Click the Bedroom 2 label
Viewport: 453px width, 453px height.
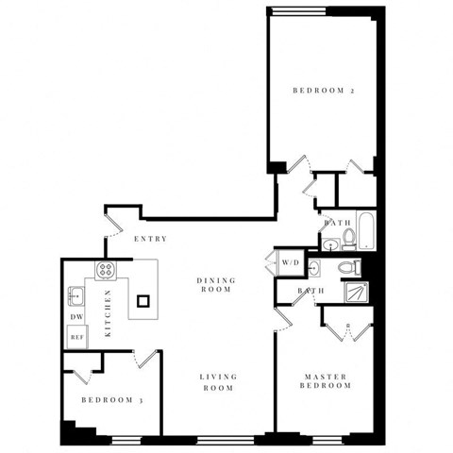322,92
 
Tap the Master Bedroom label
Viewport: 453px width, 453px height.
325,381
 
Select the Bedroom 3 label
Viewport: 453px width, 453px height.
110,401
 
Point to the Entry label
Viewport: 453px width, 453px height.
151,239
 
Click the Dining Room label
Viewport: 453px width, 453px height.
215,285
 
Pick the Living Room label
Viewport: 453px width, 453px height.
217,382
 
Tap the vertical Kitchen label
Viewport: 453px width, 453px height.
109,312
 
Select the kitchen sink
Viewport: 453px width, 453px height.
75,298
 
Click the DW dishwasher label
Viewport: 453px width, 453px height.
75,317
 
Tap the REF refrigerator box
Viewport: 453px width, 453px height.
76,336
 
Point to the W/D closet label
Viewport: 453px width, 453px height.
288,261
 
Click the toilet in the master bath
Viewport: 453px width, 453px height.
344,267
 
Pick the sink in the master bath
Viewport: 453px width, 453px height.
315,269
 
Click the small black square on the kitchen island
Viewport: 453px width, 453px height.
143,302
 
